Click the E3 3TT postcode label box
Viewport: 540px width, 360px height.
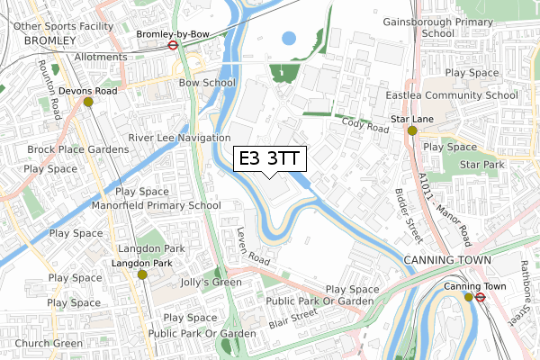[270, 158]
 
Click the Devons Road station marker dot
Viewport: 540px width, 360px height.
[88, 102]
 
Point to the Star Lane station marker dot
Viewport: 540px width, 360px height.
[412, 130]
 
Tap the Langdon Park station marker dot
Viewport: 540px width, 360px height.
[141, 274]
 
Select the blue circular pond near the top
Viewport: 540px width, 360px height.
[288, 39]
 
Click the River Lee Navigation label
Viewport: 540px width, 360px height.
[179, 138]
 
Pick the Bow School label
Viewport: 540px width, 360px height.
[207, 83]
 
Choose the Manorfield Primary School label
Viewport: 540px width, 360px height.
[156, 205]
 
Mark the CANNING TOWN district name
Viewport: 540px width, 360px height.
[447, 261]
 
